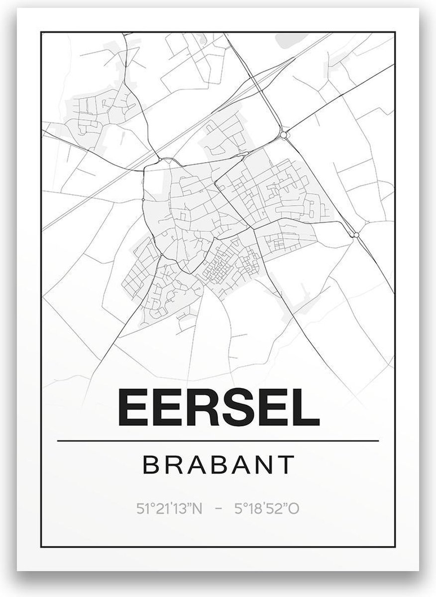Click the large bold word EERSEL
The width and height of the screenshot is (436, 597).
[x=218, y=407]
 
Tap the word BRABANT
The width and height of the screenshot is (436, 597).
[x=218, y=465]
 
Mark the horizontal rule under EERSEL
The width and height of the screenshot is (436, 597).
[x=218, y=441]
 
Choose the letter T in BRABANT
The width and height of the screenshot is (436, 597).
[x=285, y=465]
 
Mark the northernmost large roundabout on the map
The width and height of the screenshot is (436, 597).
[x=284, y=135]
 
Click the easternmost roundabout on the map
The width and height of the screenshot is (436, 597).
[x=356, y=234]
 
